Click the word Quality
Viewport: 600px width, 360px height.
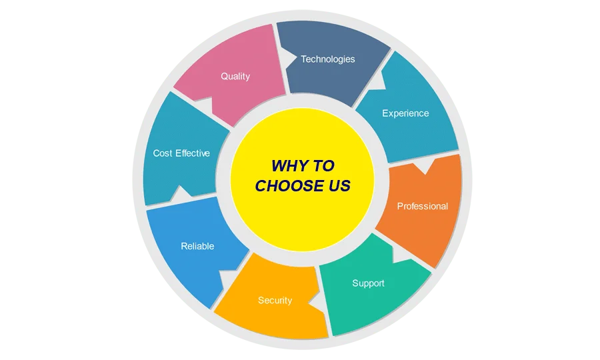[235, 77]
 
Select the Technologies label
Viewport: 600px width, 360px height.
[327, 59]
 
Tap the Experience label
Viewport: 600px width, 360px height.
[405, 113]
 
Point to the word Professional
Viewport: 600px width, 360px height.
[423, 206]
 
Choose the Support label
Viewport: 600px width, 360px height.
[368, 283]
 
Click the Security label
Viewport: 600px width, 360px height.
[275, 301]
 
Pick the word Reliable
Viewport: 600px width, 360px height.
[197, 247]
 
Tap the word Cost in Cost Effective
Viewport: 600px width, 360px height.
[163, 153]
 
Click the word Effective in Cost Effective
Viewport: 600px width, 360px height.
[193, 153]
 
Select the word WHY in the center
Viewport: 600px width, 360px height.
[287, 166]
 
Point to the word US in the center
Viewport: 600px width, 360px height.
[337, 186]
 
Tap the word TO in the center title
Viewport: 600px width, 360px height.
[323, 166]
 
